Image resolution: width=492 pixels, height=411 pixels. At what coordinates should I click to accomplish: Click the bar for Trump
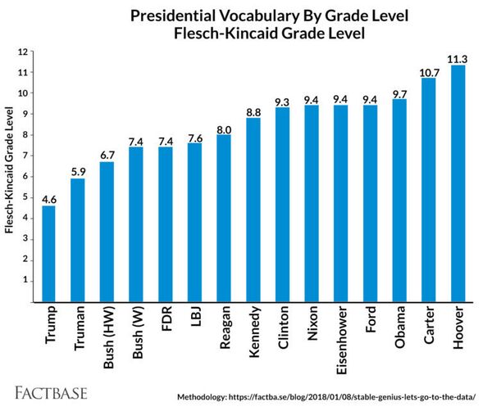coord(48,253)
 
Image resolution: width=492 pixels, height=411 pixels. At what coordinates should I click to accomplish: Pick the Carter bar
coord(428,189)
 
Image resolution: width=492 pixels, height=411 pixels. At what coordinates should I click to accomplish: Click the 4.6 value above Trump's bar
coord(48,197)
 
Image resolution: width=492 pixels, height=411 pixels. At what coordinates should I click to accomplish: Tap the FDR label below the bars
coord(166,322)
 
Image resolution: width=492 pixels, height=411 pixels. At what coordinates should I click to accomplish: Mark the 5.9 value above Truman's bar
coord(78,170)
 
